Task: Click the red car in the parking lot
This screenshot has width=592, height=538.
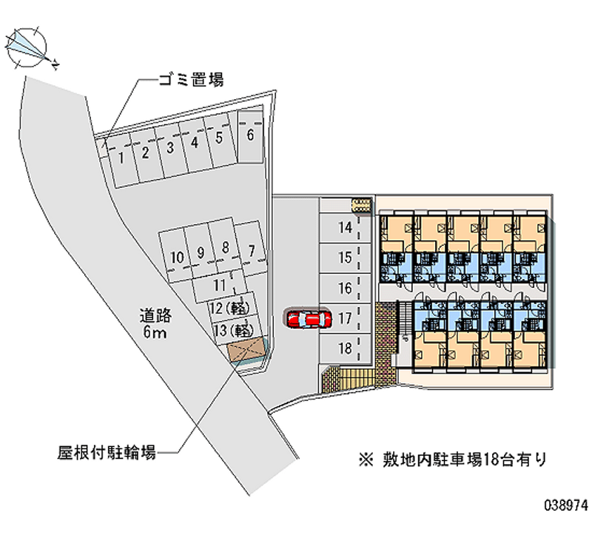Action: pyautogui.click(x=309, y=320)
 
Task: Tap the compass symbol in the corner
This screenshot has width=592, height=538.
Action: pyautogui.click(x=30, y=49)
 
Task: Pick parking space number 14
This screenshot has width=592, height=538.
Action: pyautogui.click(x=344, y=228)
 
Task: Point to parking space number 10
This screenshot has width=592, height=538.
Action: pyautogui.click(x=175, y=255)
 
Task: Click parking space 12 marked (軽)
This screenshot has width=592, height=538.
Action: pyautogui.click(x=231, y=308)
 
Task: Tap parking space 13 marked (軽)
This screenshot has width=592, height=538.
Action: pyautogui.click(x=235, y=331)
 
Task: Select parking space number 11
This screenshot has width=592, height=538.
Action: pyautogui.click(x=220, y=286)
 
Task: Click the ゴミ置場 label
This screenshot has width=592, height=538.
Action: pyautogui.click(x=191, y=79)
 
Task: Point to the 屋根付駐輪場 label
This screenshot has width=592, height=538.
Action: pyautogui.click(x=107, y=452)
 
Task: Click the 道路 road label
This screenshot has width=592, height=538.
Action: pyautogui.click(x=155, y=316)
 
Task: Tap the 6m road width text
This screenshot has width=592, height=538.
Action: pyautogui.click(x=155, y=332)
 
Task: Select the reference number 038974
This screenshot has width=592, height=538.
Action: pyautogui.click(x=566, y=505)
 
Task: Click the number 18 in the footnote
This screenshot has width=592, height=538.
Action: pyautogui.click(x=491, y=460)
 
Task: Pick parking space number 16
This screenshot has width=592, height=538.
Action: pyautogui.click(x=344, y=289)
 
